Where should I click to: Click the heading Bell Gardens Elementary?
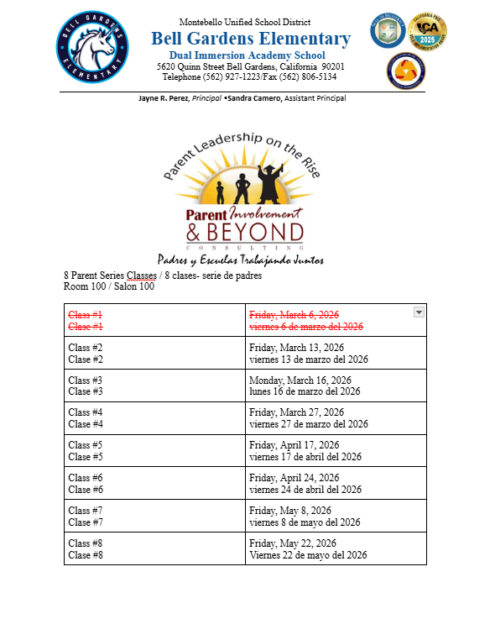point(251,39)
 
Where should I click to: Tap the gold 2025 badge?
point(426,31)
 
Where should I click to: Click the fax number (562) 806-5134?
point(303,76)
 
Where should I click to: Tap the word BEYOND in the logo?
point(255,232)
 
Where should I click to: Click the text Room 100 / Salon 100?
point(109,286)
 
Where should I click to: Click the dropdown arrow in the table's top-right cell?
point(419,312)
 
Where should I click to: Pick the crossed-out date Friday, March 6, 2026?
point(294,315)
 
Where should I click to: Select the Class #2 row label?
point(86,348)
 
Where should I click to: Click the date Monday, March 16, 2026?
point(300,380)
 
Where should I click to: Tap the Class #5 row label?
point(86,445)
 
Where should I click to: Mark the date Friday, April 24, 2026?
point(294,478)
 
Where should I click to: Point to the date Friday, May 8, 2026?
point(290,510)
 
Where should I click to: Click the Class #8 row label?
point(86,543)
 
